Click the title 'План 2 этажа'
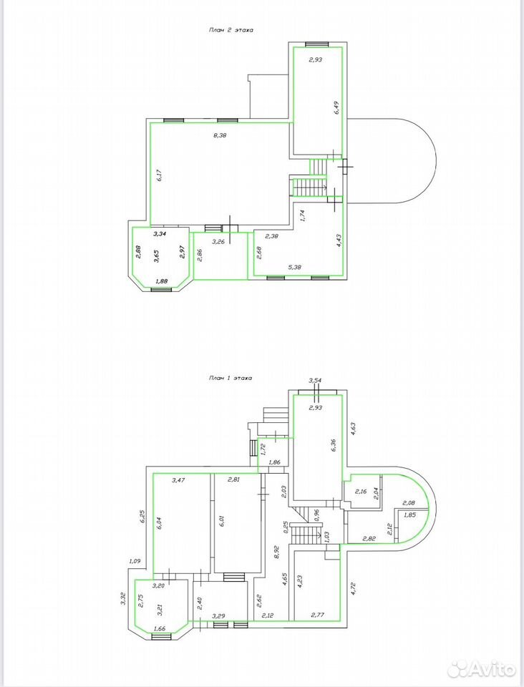click(231, 30)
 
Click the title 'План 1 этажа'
click(230, 378)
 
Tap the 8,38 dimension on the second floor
click(220, 135)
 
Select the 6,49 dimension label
click(336, 107)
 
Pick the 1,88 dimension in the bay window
click(161, 281)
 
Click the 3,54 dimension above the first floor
click(315, 380)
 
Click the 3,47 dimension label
click(178, 479)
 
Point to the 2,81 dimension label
click(234, 479)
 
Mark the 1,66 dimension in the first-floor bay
click(160, 628)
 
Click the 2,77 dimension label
click(318, 615)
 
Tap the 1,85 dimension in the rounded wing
click(409, 515)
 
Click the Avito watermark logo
click(482, 668)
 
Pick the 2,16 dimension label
click(361, 492)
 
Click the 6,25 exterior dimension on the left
click(143, 517)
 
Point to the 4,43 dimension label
click(338, 241)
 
